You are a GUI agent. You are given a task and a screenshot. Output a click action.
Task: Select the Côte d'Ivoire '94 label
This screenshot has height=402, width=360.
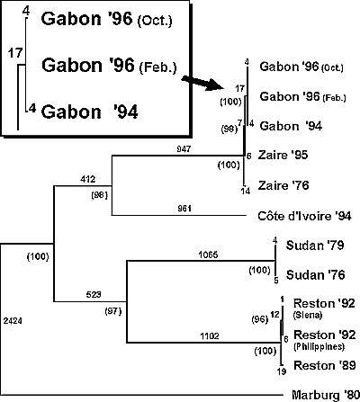point(304,216)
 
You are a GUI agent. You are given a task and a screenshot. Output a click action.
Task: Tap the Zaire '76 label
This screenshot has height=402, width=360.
point(283,185)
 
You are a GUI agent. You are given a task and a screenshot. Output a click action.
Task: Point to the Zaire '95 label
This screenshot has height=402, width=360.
point(283,155)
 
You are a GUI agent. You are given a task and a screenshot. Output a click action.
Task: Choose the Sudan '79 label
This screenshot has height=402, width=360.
point(315,246)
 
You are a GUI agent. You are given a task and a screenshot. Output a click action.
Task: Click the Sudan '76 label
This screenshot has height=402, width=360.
point(315,274)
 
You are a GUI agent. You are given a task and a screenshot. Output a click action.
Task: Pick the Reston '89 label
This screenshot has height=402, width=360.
point(325,365)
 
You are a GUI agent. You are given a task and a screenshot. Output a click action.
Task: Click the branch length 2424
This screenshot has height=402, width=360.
point(13,321)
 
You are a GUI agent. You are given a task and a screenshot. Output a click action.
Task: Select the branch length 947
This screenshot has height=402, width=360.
point(184,148)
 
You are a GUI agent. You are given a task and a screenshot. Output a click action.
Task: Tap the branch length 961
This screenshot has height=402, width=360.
point(184,208)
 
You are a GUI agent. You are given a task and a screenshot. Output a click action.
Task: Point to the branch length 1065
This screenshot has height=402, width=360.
point(208,255)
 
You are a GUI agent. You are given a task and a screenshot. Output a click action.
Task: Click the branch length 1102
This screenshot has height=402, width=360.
point(210,336)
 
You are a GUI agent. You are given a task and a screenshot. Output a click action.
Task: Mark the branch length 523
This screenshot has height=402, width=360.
point(94,295)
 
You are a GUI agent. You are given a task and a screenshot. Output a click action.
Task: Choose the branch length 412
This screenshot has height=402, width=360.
point(87,179)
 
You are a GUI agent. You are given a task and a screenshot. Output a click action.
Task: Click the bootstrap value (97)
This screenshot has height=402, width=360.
point(113,311)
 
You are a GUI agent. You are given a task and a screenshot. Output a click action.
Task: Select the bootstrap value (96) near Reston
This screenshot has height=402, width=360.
point(259,319)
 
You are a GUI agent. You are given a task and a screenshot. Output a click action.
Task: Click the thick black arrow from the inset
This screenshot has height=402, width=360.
point(203,83)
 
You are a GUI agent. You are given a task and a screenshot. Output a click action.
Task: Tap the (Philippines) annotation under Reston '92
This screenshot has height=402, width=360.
point(319,346)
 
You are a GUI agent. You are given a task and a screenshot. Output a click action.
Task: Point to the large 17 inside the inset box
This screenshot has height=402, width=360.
point(15,53)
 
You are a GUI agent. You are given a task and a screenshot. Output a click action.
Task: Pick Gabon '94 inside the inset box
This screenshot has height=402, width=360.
point(89,112)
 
